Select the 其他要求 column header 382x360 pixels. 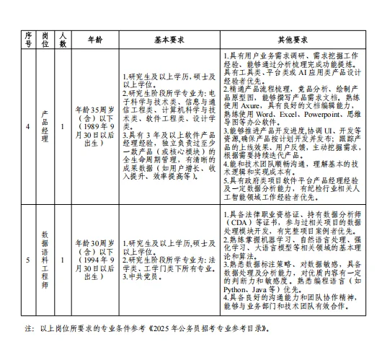293,39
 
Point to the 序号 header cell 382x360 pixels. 28,39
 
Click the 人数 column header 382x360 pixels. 63,39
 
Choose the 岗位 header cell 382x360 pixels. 45,39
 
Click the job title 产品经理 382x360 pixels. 45,128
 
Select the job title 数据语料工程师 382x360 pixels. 45,257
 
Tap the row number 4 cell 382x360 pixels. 28,128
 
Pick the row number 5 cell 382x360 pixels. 28,257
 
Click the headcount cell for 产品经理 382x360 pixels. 63,128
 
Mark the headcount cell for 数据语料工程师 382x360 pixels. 63,257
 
